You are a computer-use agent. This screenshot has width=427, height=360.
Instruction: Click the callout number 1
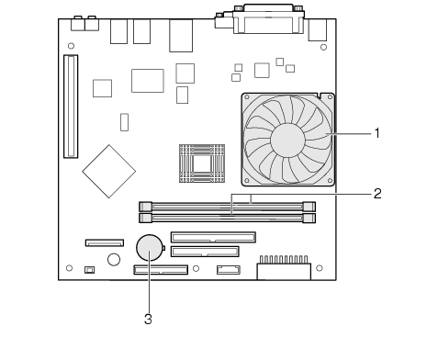pos(377,133)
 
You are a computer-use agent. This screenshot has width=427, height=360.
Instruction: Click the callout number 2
pos(377,194)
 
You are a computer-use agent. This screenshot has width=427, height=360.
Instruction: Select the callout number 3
pos(148,319)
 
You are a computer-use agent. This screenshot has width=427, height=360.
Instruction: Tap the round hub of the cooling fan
pos(287,140)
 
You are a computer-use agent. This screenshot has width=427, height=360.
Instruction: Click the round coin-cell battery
pos(149,247)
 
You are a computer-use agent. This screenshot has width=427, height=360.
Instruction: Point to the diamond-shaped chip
pos(109,172)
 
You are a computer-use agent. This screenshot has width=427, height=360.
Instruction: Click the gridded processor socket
pos(202,163)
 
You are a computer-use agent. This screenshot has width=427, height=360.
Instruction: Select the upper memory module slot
pos(227,207)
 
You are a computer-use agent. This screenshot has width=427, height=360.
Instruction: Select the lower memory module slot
pos(227,219)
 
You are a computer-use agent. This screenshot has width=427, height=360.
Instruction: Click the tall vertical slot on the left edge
pos(71,107)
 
